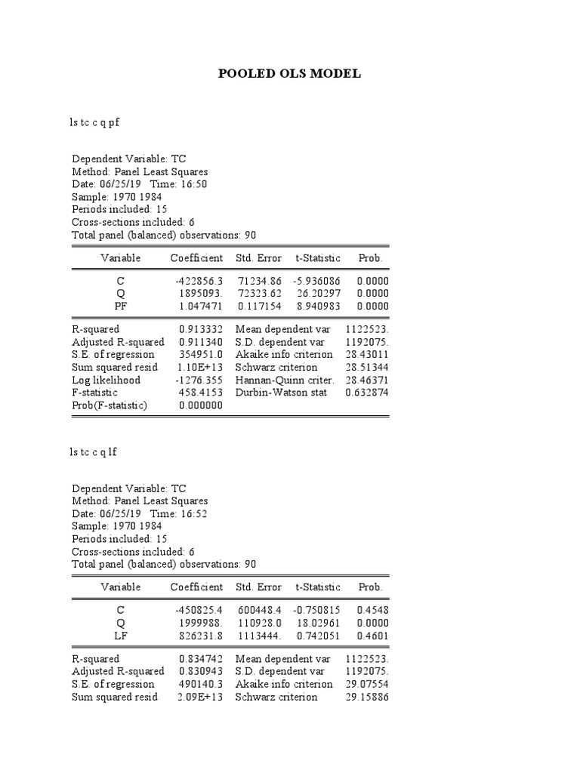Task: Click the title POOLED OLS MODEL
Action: pyautogui.click(x=289, y=73)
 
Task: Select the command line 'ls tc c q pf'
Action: pyautogui.click(x=94, y=123)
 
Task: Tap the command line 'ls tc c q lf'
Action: pyautogui.click(x=93, y=452)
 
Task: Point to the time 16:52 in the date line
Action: pyautogui.click(x=194, y=514)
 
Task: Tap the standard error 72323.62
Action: pyautogui.click(x=259, y=293)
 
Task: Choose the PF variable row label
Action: pyautogui.click(x=121, y=306)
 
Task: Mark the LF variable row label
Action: pyautogui.click(x=121, y=636)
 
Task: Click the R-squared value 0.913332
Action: pyautogui.click(x=201, y=329)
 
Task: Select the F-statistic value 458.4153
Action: pyautogui.click(x=201, y=393)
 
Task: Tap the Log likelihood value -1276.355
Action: pyautogui.click(x=199, y=380)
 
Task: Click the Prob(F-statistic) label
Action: pyautogui.click(x=110, y=405)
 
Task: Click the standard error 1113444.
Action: pyautogui.click(x=259, y=636)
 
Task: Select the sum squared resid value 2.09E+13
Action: pyautogui.click(x=201, y=697)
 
